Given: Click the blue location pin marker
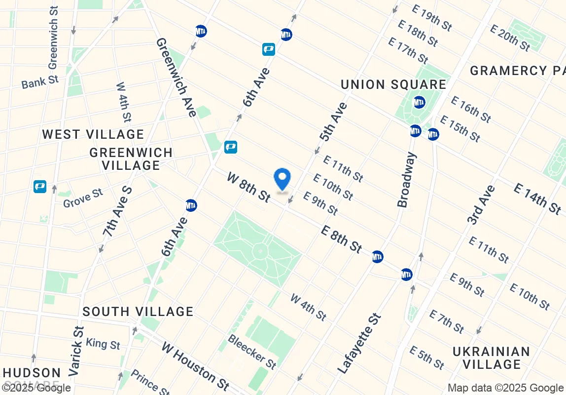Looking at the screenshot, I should (282, 179).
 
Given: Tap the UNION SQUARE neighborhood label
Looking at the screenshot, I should (393, 84).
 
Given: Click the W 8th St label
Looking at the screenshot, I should (249, 187).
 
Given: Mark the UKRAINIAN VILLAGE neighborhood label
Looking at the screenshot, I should (492, 358).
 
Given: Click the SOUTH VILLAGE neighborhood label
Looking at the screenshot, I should (138, 312).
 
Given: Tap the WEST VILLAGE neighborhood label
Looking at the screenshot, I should (93, 134).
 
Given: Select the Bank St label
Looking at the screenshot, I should (40, 82).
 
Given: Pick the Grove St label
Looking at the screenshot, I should (83, 198).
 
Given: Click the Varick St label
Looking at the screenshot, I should (77, 351).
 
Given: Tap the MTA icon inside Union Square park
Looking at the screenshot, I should (419, 103).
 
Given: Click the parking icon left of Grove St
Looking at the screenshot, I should (40, 187).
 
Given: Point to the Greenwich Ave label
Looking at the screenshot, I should (176, 78).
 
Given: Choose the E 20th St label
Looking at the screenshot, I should (510, 38).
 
